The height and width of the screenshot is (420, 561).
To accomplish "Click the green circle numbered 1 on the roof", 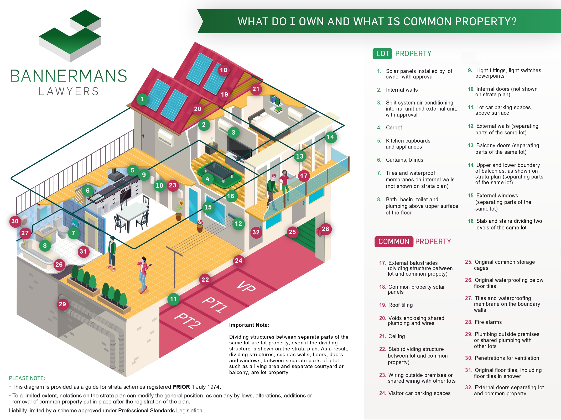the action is click(x=142, y=99).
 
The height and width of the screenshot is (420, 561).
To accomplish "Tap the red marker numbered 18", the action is click(x=224, y=70).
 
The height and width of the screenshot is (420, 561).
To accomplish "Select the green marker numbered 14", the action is click(x=330, y=137).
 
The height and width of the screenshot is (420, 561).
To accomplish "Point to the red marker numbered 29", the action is click(x=62, y=304).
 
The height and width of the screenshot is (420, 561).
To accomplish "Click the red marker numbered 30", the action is click(x=15, y=221).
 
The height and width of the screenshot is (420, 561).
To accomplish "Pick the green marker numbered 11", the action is click(x=173, y=299).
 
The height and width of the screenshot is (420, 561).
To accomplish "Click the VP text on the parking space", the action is click(x=246, y=286).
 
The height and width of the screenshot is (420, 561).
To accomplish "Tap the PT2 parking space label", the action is click(x=188, y=321).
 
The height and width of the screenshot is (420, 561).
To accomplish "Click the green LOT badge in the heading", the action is click(x=382, y=54).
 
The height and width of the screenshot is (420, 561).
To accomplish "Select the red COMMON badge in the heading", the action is click(x=394, y=241).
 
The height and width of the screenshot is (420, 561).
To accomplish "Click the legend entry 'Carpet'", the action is click(x=394, y=128).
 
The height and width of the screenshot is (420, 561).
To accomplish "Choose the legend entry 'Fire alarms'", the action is click(x=488, y=322).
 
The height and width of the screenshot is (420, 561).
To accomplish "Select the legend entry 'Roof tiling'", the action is click(x=401, y=305).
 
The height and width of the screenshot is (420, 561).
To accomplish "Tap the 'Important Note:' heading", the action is click(x=249, y=325).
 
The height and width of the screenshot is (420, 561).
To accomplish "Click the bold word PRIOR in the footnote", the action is click(x=181, y=387).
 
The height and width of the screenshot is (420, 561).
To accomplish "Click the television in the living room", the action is click(x=239, y=148).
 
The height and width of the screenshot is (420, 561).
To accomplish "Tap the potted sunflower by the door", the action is click(x=179, y=210).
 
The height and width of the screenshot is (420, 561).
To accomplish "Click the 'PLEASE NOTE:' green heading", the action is click(x=27, y=378).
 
